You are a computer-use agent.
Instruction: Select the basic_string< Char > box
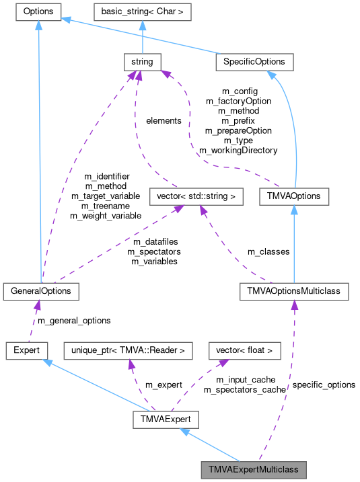tap(142, 11)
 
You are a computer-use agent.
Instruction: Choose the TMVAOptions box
tap(294, 197)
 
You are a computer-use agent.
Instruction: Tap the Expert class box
tap(26, 350)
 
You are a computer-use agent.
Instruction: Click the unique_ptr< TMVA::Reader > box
tap(128, 350)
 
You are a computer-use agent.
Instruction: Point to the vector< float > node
tap(244, 350)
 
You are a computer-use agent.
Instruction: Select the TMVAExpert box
tap(166, 419)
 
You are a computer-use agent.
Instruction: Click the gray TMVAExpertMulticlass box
tap(254, 468)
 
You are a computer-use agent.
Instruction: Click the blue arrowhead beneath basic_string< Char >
tap(142, 26)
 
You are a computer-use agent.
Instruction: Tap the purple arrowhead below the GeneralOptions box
tap(38, 305)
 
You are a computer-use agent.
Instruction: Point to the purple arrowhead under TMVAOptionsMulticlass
tap(294, 306)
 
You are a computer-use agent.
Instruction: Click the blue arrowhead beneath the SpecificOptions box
tap(271, 75)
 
